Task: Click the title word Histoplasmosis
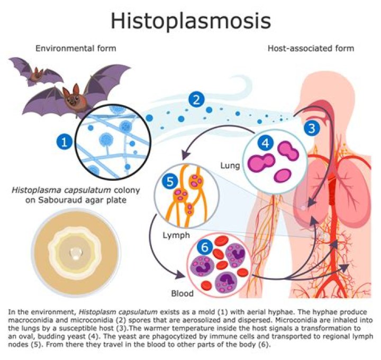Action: point(190,21)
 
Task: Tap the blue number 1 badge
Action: point(65,141)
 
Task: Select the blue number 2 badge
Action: point(197,99)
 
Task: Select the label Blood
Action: point(182,292)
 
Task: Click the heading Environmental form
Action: point(76,49)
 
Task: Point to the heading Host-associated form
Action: point(311,49)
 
